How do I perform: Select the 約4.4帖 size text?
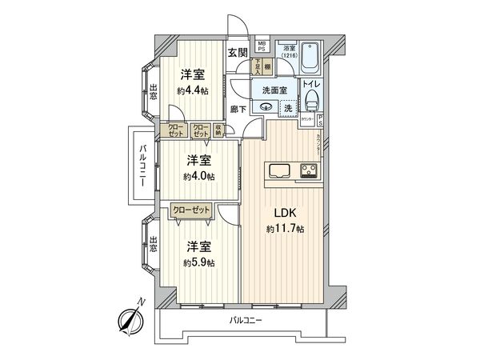click(x=191, y=90)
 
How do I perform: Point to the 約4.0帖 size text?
click(x=199, y=176)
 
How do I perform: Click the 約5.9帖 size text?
click(x=199, y=262)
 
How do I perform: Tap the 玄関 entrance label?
click(x=236, y=53)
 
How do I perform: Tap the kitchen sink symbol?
click(x=282, y=170)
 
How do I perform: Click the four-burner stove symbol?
click(x=308, y=170)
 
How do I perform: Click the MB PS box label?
click(x=262, y=47)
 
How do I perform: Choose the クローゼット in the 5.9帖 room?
click(x=192, y=210)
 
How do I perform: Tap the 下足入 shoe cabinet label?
click(x=258, y=66)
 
